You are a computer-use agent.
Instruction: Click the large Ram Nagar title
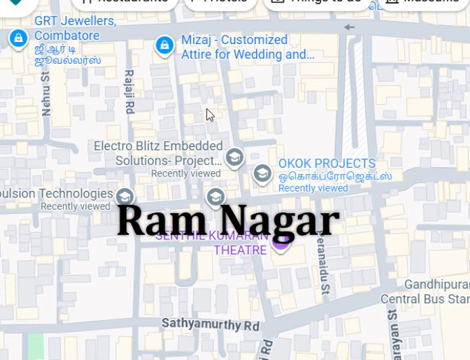coord(228,221)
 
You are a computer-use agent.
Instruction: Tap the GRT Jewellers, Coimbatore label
coord(74,28)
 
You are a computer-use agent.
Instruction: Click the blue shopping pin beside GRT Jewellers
coord(18,38)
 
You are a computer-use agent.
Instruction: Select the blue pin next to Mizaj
coord(163,45)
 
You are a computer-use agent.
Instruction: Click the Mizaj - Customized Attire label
coord(247,47)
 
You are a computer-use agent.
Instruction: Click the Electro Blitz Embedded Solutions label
coord(158,153)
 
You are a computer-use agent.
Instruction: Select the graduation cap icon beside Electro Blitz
coord(234,158)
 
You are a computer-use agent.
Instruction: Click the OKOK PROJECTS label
coord(326,164)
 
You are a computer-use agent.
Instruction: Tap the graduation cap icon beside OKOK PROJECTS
coord(262,175)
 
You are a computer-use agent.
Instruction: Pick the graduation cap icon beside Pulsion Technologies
coord(124,197)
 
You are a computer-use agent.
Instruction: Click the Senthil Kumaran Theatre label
coord(213,244)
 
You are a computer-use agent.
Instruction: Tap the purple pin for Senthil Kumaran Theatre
coord(281,242)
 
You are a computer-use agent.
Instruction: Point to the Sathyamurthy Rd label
coord(211,325)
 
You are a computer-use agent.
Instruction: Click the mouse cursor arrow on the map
coord(210,115)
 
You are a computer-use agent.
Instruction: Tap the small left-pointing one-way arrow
coord(349,28)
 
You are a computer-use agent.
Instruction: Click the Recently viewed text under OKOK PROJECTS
coord(313,188)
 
